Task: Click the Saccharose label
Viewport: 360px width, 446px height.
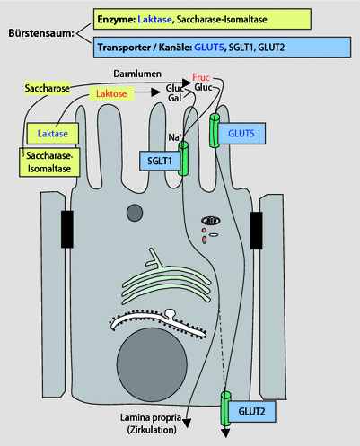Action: tap(48, 92)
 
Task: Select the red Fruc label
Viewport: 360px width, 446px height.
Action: tap(200, 78)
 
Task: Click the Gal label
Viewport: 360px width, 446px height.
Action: tap(173, 101)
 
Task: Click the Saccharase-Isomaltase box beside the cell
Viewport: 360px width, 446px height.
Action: tap(44, 161)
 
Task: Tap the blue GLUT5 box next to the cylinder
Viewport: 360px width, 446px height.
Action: tap(241, 132)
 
